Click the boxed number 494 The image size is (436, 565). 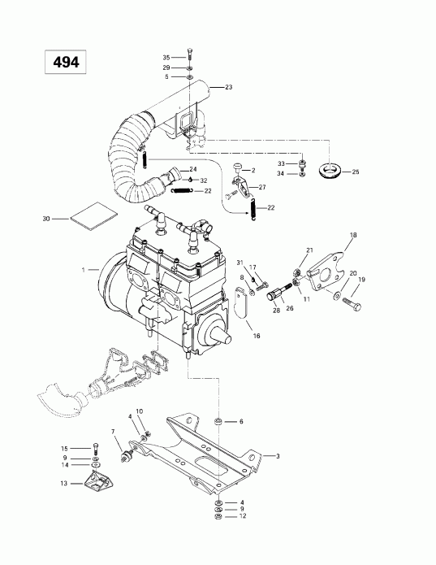(60, 63)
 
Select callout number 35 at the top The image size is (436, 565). (167, 58)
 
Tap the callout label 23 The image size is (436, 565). (229, 87)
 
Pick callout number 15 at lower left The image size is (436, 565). (64, 448)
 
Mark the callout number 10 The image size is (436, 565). (139, 411)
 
